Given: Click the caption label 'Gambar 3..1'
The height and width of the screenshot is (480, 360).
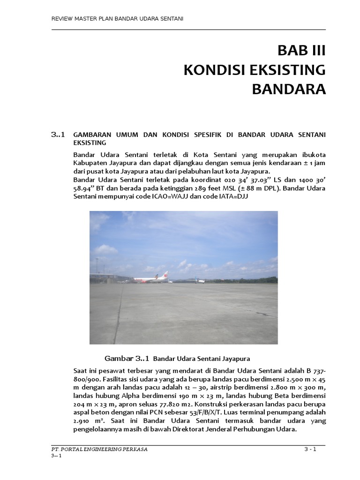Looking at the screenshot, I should click(x=126, y=359).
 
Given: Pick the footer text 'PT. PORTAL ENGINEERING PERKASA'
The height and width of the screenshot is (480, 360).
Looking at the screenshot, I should click(x=99, y=449).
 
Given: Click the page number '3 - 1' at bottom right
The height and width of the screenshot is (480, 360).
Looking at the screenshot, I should click(x=310, y=449).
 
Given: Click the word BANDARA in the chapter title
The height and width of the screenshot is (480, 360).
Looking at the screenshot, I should click(x=289, y=89).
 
